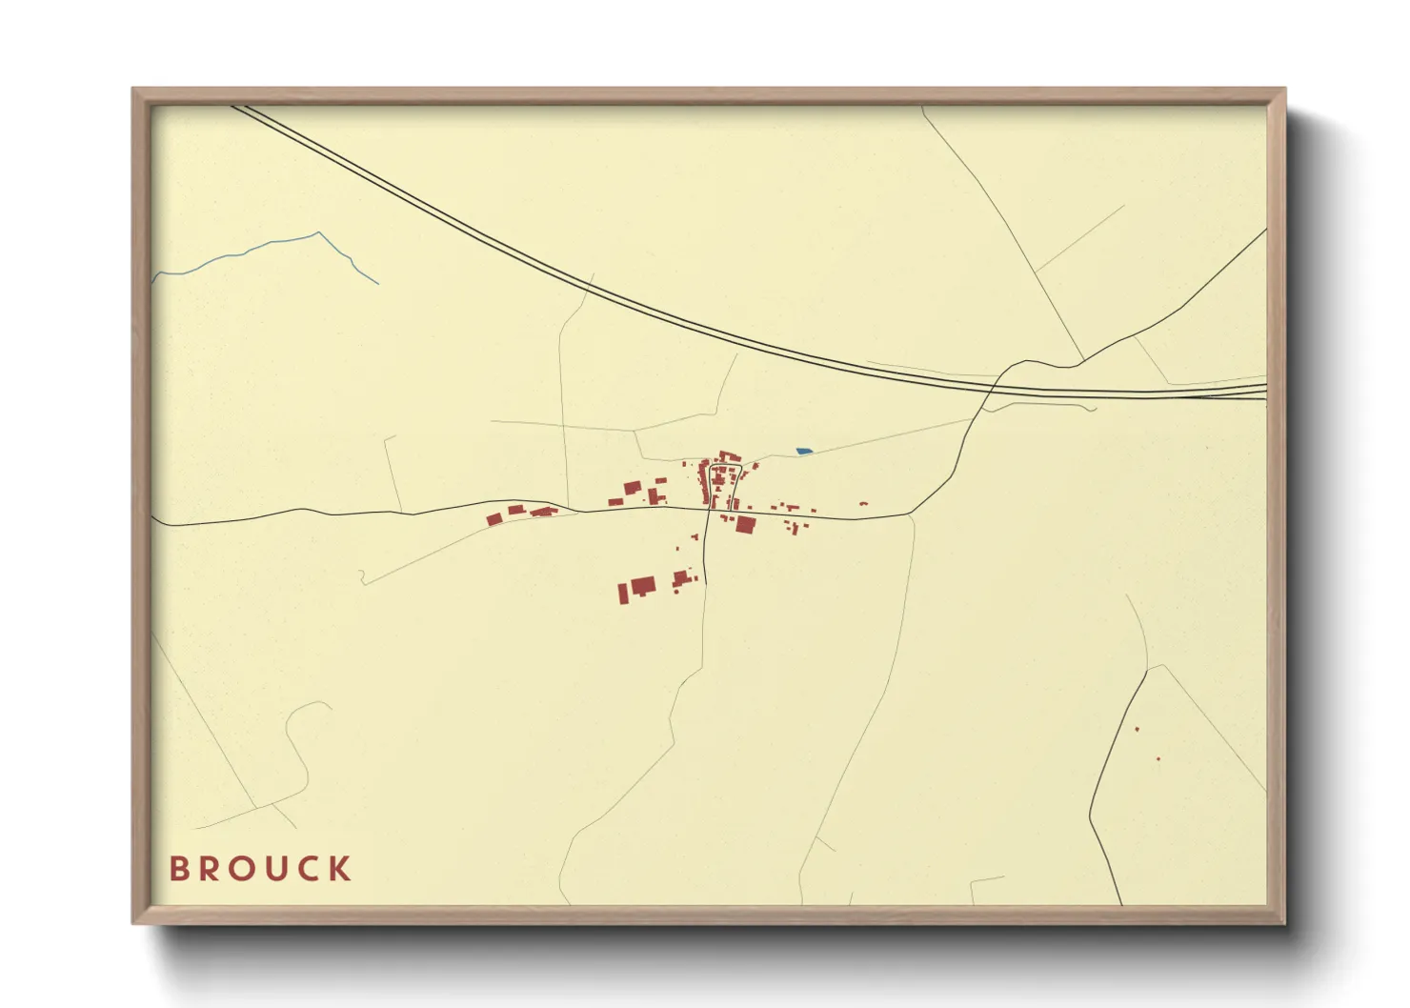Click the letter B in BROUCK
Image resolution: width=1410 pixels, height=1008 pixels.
pos(179,869)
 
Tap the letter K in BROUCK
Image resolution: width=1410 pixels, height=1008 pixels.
pos(340,869)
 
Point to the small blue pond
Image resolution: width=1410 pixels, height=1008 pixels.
pos(804,451)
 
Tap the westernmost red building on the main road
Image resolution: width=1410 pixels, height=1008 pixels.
pos(493,519)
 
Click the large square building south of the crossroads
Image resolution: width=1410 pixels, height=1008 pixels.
pos(745,524)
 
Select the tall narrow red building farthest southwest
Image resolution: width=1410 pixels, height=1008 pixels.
pos(623,594)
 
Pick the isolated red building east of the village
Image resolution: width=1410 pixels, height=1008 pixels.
pos(863,503)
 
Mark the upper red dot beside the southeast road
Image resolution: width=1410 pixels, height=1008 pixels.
pos(1137,730)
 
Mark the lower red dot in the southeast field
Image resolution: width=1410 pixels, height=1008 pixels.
pos(1158,759)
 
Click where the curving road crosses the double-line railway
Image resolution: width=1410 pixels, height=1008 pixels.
pos(992,387)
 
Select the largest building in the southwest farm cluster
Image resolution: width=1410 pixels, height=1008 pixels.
pos(644,585)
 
